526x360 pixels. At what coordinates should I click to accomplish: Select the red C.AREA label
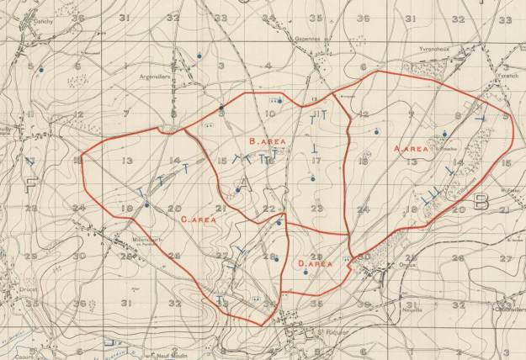pyautogui.click(x=200, y=219)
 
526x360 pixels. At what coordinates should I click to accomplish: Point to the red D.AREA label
pyautogui.click(x=316, y=263)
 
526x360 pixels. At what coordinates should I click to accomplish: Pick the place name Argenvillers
pyautogui.click(x=158, y=76)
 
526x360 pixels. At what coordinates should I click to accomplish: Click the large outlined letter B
pyautogui.click(x=481, y=201)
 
